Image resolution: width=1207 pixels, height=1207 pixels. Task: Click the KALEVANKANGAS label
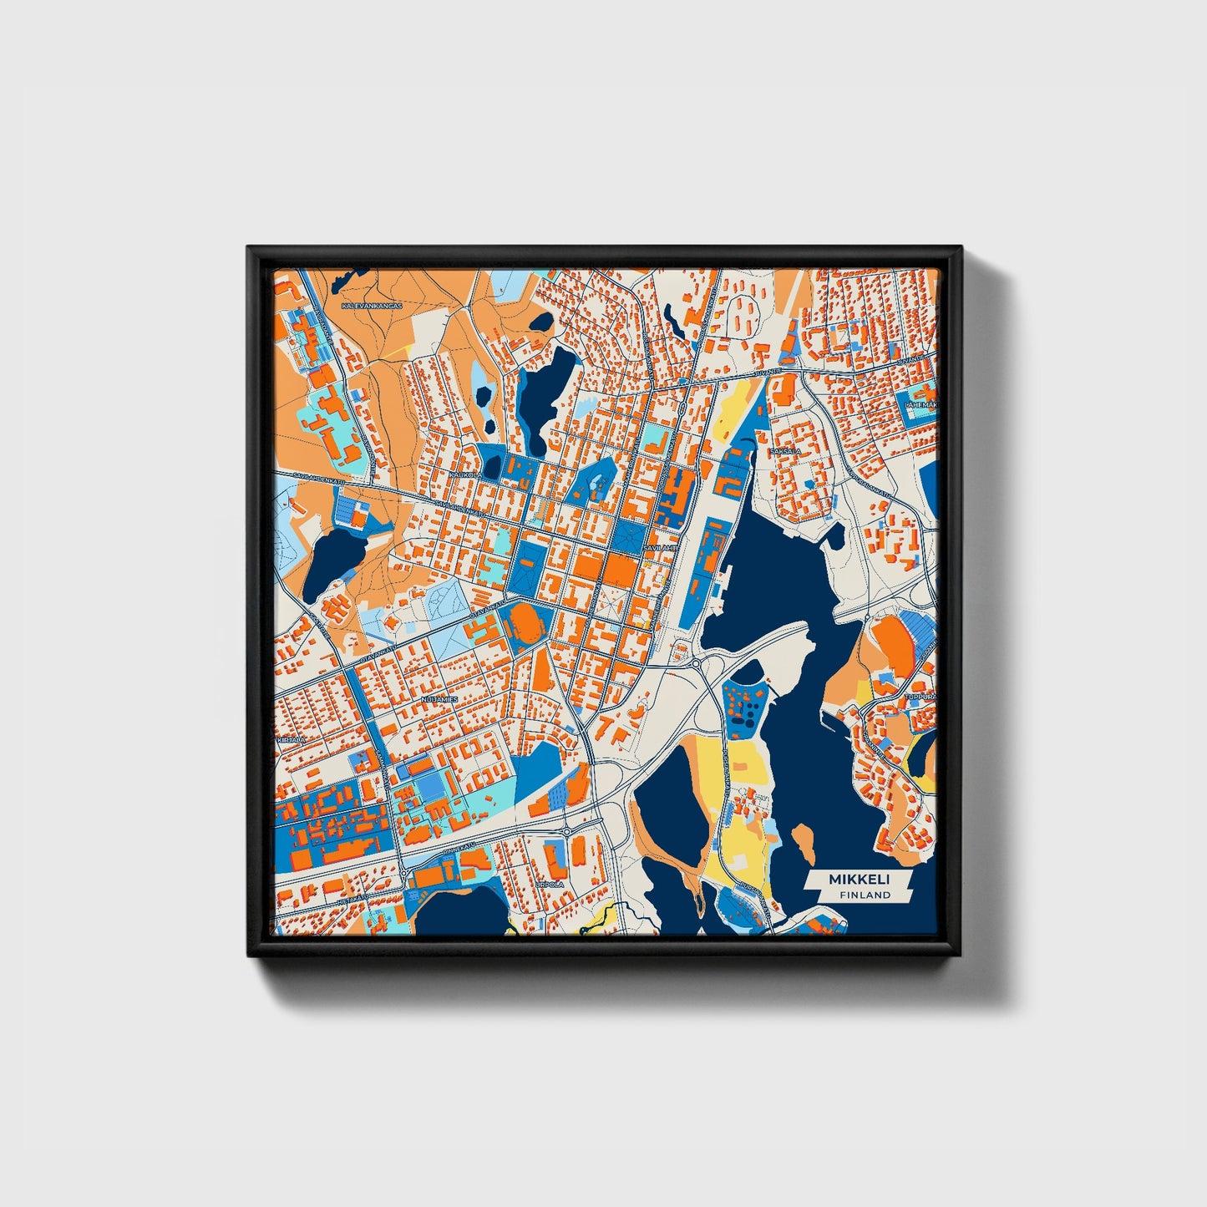point(372,307)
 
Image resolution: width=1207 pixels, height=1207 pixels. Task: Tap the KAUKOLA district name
point(466,474)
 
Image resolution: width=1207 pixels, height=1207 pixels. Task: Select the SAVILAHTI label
point(659,547)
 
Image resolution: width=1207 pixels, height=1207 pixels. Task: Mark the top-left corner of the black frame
point(249,248)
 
